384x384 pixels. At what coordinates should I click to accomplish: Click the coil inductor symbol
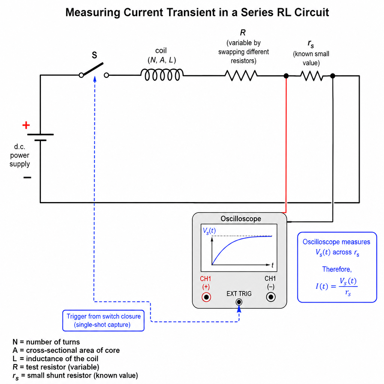(x=162, y=75)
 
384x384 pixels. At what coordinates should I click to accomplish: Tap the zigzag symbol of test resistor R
(x=241, y=75)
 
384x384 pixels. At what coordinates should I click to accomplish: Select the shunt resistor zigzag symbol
(x=312, y=76)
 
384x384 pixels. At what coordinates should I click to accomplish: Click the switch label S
(x=94, y=55)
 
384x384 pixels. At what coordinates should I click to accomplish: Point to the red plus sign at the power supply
(x=26, y=125)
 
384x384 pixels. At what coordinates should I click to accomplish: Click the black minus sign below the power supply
(x=27, y=177)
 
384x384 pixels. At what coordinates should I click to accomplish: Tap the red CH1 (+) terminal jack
(x=206, y=297)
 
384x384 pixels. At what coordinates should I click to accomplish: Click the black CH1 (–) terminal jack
(x=271, y=297)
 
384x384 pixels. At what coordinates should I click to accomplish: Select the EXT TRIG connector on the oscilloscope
(x=239, y=302)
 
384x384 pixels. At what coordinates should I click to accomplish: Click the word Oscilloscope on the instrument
(x=241, y=219)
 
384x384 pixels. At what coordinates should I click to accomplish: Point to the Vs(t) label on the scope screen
(x=209, y=231)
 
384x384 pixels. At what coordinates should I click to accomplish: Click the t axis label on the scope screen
(x=272, y=265)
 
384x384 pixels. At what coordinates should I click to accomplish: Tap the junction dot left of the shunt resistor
(x=286, y=76)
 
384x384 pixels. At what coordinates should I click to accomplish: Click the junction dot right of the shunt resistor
(x=333, y=76)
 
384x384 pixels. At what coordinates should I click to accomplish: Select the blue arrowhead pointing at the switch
(x=95, y=79)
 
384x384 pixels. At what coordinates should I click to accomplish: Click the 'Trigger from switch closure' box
(x=103, y=321)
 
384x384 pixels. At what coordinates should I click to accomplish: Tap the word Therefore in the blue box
(x=337, y=269)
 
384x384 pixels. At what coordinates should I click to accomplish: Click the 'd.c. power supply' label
(x=19, y=155)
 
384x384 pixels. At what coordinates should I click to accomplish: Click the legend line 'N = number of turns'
(x=46, y=342)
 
